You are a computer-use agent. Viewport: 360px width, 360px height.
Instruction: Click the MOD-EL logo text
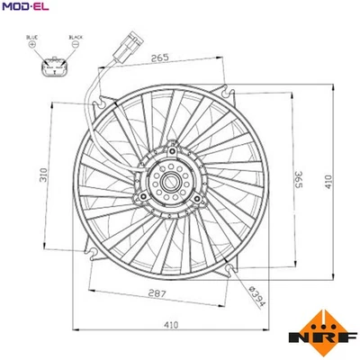point(24,9)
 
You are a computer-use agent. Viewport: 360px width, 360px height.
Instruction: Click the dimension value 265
point(162,58)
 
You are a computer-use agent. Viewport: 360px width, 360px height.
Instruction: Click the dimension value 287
point(158,292)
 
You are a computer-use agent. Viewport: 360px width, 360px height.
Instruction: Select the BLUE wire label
point(33,38)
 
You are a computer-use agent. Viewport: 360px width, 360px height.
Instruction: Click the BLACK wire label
point(76,38)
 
